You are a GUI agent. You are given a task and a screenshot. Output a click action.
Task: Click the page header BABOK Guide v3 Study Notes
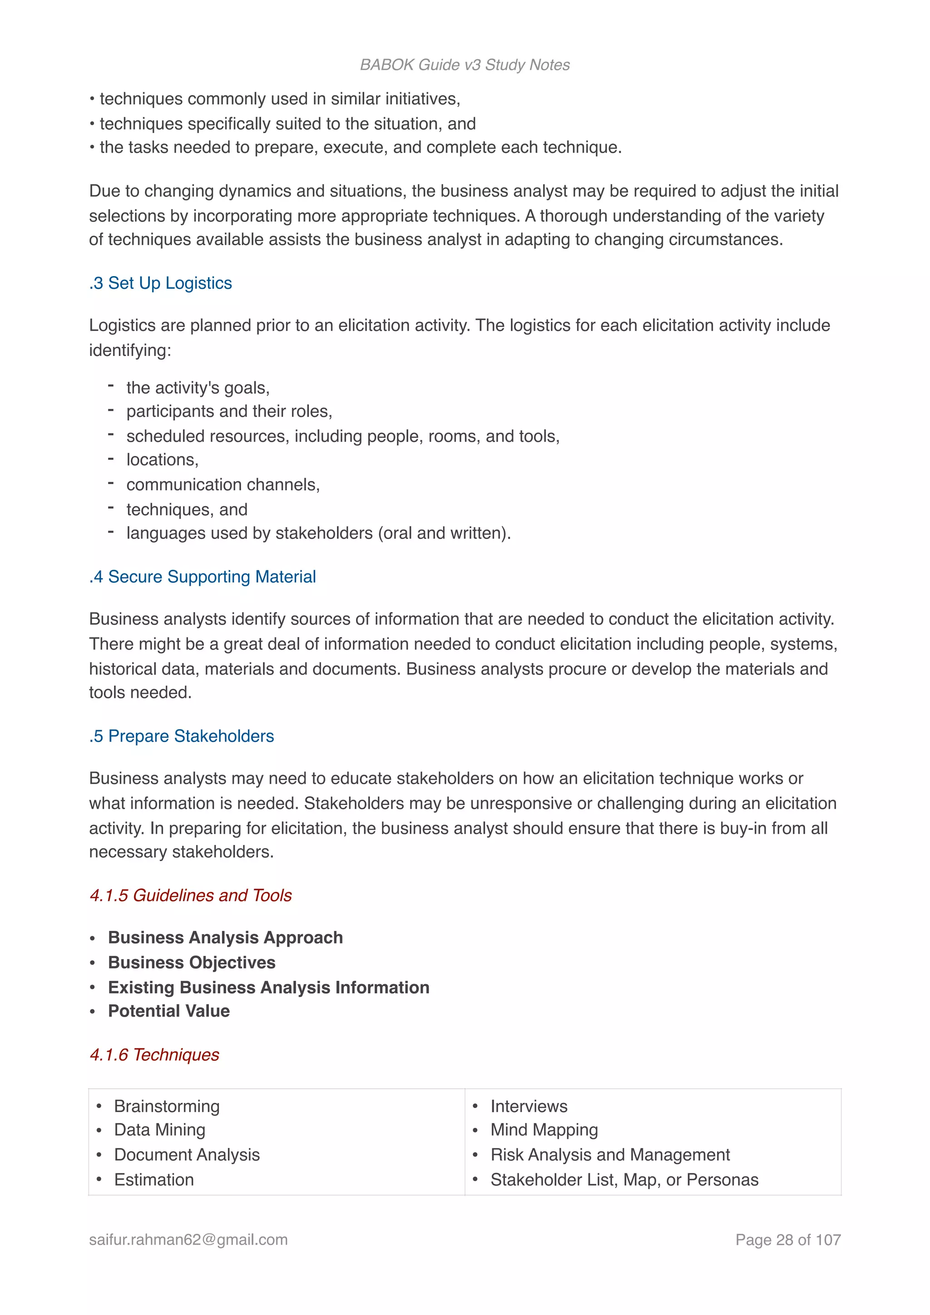pos(465,65)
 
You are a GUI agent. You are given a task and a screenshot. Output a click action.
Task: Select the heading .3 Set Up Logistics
pos(160,283)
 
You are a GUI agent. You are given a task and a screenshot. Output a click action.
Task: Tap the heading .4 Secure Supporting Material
pos(202,577)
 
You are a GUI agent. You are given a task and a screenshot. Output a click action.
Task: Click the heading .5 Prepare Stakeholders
pos(182,736)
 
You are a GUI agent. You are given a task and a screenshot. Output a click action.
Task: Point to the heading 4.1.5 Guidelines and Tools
pos(191,895)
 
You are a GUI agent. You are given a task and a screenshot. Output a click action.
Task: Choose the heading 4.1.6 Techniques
pos(154,1054)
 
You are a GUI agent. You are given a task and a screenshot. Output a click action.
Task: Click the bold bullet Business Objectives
pos(191,962)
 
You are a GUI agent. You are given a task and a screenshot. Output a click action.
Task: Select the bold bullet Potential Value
pos(169,1011)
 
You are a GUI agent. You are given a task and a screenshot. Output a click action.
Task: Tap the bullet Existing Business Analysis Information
pos(268,988)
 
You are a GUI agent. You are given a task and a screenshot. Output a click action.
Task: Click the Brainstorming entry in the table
pos(167,1106)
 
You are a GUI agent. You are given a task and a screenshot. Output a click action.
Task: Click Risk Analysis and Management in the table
pos(610,1155)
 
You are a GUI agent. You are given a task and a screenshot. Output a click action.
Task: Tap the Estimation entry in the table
pos(153,1180)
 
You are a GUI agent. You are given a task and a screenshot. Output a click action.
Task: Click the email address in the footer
pos(188,1240)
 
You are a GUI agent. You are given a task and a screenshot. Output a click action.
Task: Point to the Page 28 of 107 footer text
pos(787,1240)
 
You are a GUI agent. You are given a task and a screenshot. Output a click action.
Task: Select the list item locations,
pos(162,460)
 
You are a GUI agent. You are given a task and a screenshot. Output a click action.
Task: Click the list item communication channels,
pos(223,485)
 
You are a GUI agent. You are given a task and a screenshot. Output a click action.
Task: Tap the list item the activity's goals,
pos(198,388)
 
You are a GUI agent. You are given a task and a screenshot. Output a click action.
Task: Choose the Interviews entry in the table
pos(529,1106)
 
